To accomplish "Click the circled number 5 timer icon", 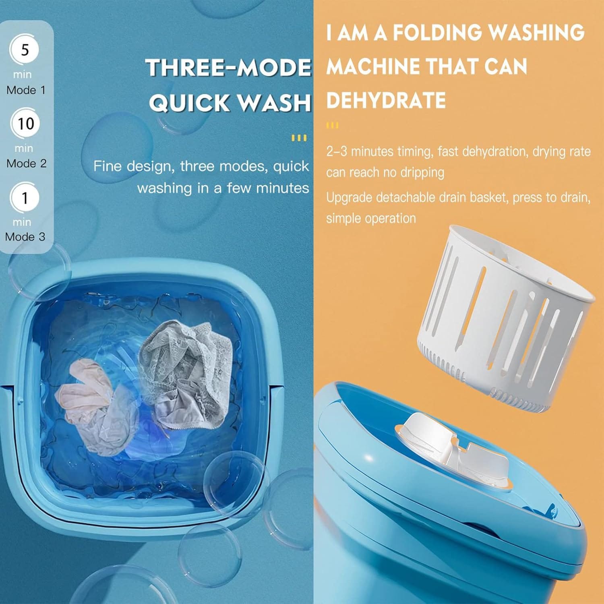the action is (x=25, y=50).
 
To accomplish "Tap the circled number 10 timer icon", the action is (x=25, y=124).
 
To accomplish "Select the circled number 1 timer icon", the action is (x=25, y=198).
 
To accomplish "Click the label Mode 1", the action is (x=26, y=90).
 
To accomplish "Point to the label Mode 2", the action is (x=26, y=163).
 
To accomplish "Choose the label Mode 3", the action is (x=25, y=236).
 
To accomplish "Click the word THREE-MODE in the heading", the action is (x=229, y=68).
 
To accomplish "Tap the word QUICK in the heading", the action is (x=190, y=103).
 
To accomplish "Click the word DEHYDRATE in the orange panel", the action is (x=386, y=100).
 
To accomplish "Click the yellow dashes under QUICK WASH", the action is (x=299, y=138).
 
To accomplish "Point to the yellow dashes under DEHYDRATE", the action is (x=333, y=125).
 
